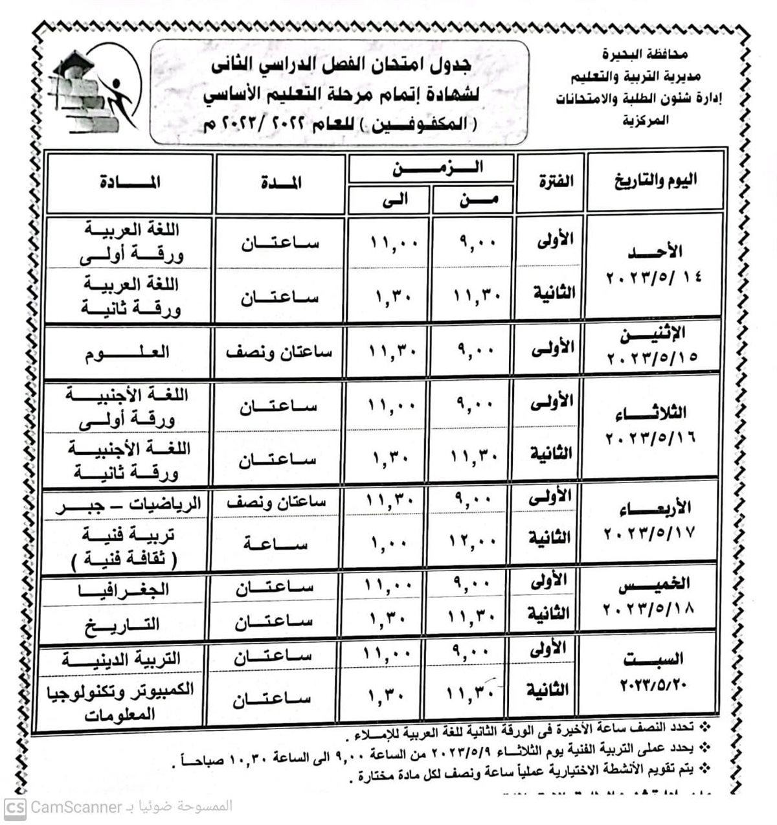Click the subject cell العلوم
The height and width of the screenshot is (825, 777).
[127, 352]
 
